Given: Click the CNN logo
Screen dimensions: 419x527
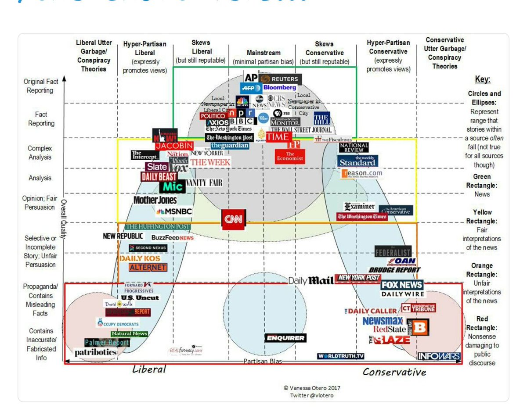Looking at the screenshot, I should point(233,219).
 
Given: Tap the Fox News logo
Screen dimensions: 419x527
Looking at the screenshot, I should point(401,285).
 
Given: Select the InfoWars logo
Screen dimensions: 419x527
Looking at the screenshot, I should point(439,356).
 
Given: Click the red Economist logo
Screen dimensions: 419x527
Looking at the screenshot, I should point(290,157).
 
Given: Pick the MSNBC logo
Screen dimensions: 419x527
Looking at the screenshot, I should point(174,211).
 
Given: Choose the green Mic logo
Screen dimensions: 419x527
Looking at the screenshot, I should point(172,186).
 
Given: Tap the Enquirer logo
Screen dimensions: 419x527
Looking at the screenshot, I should point(285,338).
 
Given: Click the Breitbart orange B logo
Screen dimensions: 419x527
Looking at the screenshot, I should point(421,327).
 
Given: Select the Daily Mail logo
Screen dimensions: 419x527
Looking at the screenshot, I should point(311,281).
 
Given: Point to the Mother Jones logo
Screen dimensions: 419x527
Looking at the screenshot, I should point(155,200).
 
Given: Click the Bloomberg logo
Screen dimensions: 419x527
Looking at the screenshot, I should point(280,88).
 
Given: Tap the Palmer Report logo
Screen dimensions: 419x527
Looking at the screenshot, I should point(107,342).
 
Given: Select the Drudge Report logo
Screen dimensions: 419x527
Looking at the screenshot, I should point(394,270).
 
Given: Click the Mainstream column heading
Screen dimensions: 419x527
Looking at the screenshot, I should point(263,53).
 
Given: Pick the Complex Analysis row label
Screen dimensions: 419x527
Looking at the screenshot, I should point(40,153).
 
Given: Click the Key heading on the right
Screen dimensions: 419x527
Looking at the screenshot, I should point(483,80).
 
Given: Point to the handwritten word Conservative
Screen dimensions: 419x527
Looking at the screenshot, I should point(394,372).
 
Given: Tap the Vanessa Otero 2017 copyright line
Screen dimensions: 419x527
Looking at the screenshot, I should point(312,388).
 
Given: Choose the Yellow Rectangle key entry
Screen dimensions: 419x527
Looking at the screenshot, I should point(482,217).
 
